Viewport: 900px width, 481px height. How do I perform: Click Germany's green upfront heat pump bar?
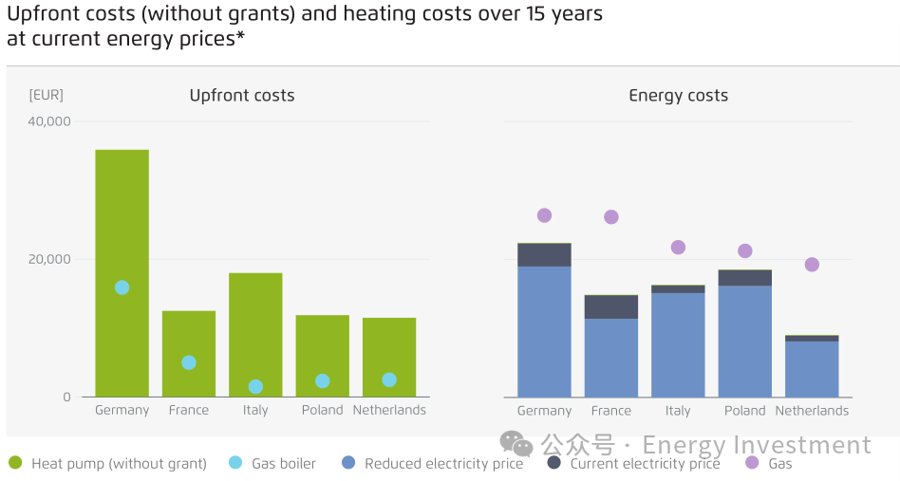point(122,218)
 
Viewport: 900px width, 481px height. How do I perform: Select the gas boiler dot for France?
point(189,362)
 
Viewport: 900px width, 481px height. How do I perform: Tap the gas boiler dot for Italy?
point(255,386)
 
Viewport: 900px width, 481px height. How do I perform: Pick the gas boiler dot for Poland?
point(323,380)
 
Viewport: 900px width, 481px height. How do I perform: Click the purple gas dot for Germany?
point(544,215)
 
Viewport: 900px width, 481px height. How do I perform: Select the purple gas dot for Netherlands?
point(812,265)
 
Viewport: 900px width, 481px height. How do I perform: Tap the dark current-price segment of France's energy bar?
point(610,307)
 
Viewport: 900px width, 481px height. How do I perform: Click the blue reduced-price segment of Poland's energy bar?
point(744,342)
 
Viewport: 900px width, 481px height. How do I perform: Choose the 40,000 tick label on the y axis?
point(49,121)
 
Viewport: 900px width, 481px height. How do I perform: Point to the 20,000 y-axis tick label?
point(49,259)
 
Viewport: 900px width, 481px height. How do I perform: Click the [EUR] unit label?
point(47,95)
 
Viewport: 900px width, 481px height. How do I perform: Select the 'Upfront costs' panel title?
point(242,95)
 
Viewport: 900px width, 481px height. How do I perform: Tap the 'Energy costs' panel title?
point(678,95)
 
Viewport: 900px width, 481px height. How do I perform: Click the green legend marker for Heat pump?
point(15,463)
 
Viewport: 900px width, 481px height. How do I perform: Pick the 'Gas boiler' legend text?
point(283,464)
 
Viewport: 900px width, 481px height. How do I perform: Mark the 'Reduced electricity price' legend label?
point(443,464)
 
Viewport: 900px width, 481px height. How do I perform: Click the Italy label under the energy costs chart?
point(678,411)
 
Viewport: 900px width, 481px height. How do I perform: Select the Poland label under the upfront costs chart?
point(323,410)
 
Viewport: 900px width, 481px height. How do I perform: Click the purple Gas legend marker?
point(752,463)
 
